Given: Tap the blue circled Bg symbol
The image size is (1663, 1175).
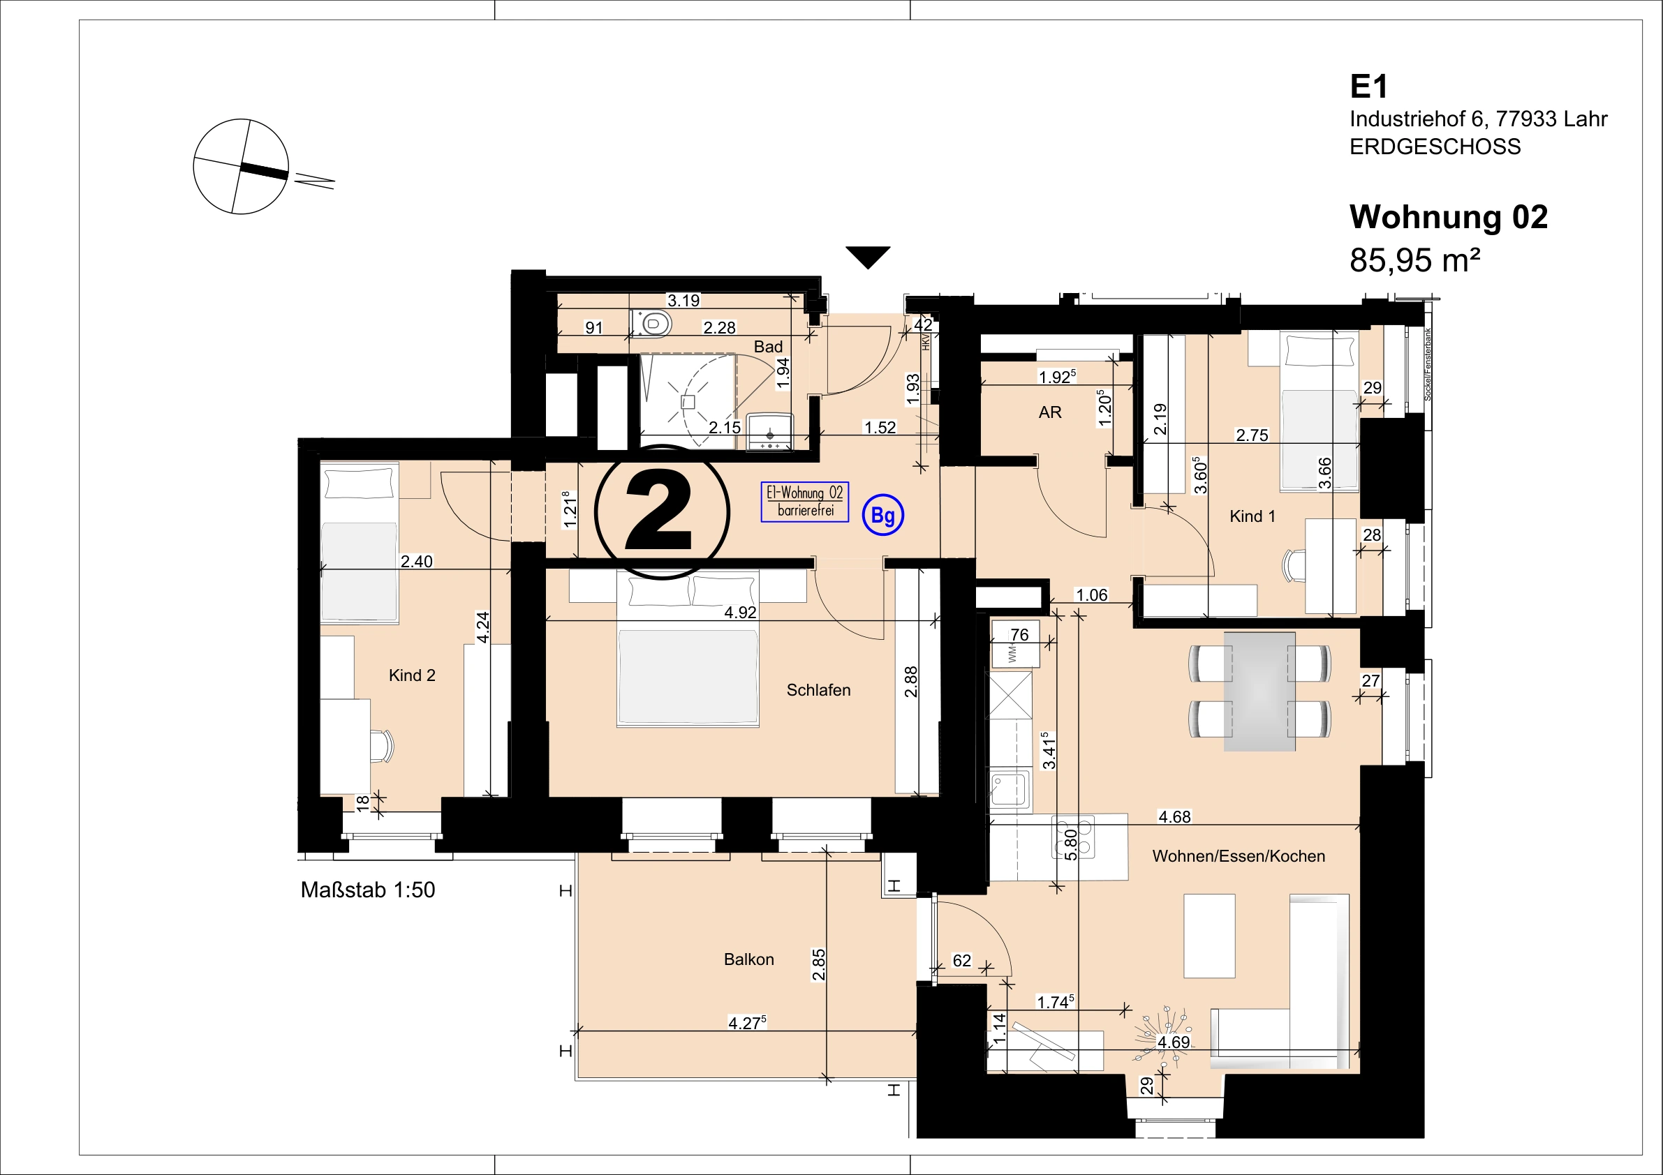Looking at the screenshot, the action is [x=883, y=515].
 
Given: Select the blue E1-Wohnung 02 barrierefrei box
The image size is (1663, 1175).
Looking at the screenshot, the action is [x=805, y=502].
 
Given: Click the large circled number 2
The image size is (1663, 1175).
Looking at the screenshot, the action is [x=661, y=512].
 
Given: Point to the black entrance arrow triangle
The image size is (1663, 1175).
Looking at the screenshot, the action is [x=868, y=257].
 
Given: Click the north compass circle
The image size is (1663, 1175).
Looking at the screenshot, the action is [x=241, y=167].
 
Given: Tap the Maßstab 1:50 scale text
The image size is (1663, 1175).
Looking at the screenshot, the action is [x=368, y=890].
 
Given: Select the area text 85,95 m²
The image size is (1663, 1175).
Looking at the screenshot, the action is [x=1414, y=260].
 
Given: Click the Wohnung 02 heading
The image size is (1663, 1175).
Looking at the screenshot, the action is [x=1449, y=216].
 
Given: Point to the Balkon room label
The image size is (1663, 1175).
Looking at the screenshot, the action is [x=749, y=959].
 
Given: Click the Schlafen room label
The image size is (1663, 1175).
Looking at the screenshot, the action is [x=818, y=690].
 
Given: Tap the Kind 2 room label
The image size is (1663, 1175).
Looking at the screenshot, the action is [x=412, y=675].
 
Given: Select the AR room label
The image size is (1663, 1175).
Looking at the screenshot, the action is [x=1050, y=412].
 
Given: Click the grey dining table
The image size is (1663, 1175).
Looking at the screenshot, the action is [x=1259, y=691].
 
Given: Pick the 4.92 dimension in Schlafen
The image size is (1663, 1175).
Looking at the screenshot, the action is [x=740, y=613].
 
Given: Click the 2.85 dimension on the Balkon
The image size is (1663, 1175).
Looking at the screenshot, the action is [x=818, y=964].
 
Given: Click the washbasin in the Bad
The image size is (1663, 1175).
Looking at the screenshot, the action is [x=770, y=431].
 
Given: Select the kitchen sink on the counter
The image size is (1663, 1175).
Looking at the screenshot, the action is [x=1010, y=788].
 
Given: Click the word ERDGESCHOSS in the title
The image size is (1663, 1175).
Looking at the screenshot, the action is [x=1435, y=147].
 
